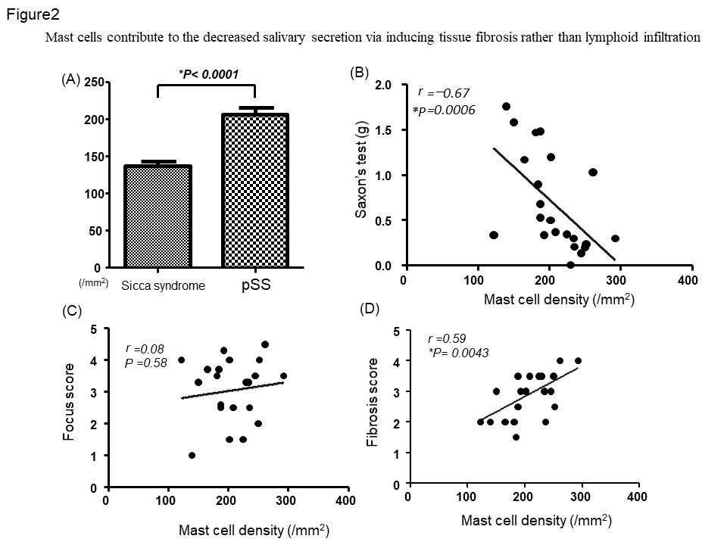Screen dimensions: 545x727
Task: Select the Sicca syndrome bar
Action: (158, 216)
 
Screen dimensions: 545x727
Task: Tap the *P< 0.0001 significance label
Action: (208, 74)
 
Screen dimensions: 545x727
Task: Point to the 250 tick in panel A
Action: (95, 83)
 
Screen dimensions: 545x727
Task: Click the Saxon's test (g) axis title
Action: (362, 176)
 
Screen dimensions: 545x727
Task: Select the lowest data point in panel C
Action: (192, 455)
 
